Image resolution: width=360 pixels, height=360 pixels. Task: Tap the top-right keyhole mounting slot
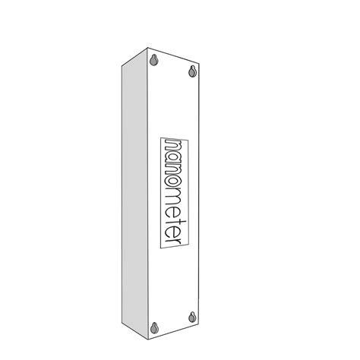[x=193, y=71]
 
